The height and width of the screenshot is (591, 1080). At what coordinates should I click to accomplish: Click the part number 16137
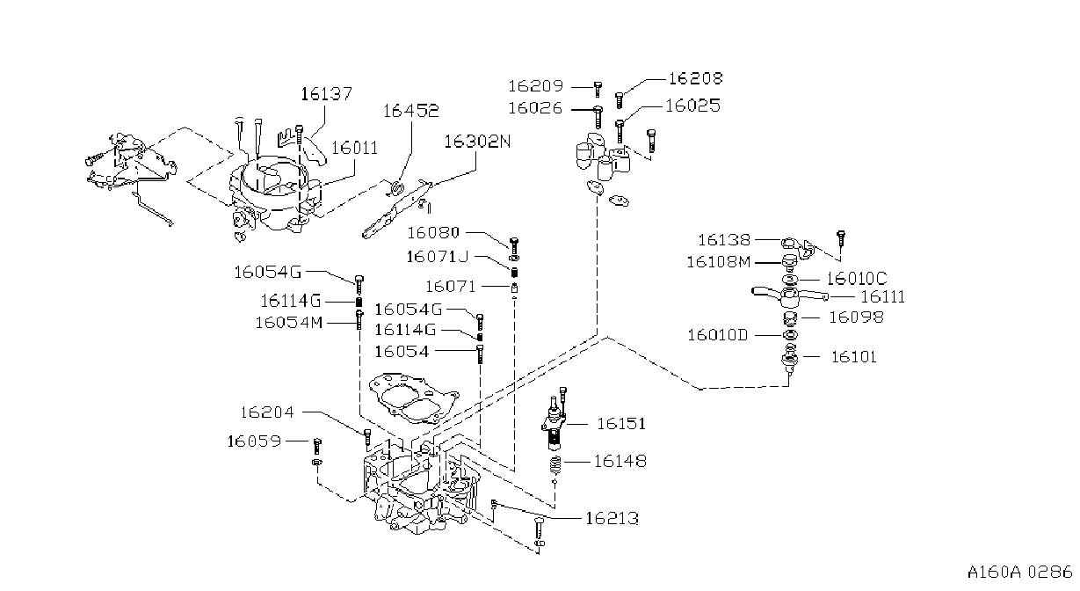(x=327, y=93)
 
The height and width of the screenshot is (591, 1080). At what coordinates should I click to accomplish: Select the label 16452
(x=411, y=111)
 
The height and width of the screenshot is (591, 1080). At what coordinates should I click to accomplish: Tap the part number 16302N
(x=477, y=142)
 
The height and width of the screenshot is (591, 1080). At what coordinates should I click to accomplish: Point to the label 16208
(x=696, y=78)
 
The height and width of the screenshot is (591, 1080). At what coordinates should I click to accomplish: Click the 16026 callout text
(x=535, y=108)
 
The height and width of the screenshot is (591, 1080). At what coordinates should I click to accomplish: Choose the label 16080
(x=433, y=233)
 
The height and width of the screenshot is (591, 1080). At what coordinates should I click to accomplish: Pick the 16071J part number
(x=438, y=257)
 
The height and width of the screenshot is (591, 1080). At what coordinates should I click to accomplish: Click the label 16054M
(x=288, y=322)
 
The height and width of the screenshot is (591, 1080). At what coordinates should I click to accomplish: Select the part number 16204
(x=267, y=412)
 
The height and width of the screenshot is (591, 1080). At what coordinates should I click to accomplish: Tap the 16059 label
(x=254, y=441)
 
